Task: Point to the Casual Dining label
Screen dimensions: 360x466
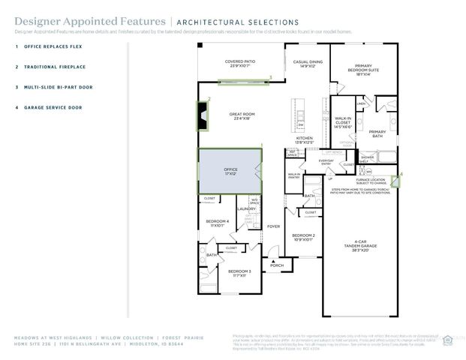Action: pos(307,64)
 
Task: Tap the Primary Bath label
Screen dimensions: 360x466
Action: pos(379,133)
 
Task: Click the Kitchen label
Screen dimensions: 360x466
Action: pos(304,140)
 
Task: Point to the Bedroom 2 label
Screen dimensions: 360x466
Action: pos(302,238)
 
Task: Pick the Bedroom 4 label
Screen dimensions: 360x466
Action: pos(218,223)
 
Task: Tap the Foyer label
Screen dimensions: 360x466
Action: pos(273,226)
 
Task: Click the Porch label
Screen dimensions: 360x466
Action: pos(277,265)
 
